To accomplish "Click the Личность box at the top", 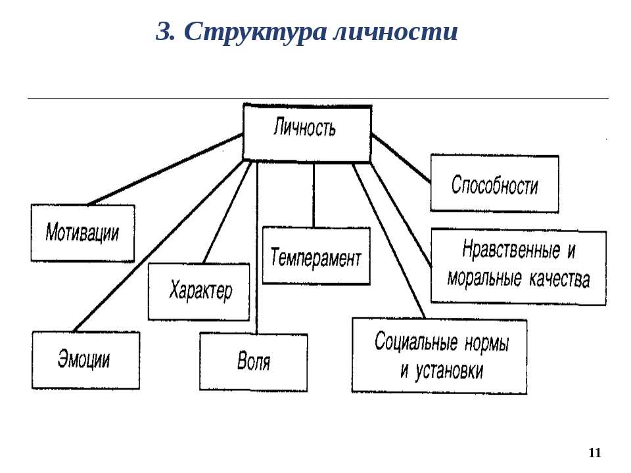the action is click(x=307, y=133).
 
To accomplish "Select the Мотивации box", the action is click(x=83, y=233).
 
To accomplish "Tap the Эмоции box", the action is click(x=85, y=360).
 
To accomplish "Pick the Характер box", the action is click(x=199, y=292).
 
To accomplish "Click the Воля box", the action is click(x=254, y=362).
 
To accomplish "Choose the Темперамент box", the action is click(x=316, y=256).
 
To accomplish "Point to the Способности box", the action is click(x=494, y=183).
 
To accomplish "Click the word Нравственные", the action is click(x=511, y=250).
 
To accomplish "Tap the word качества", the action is click(x=559, y=279).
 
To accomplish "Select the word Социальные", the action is click(x=416, y=342).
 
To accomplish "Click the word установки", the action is click(x=449, y=371).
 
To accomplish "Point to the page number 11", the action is click(x=595, y=453).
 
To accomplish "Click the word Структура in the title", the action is click(x=255, y=32).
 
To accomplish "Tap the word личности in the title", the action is click(x=396, y=32).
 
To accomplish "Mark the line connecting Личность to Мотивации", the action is click(x=166, y=169).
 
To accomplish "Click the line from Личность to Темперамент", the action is click(x=314, y=194).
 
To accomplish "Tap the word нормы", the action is click(x=487, y=344).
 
